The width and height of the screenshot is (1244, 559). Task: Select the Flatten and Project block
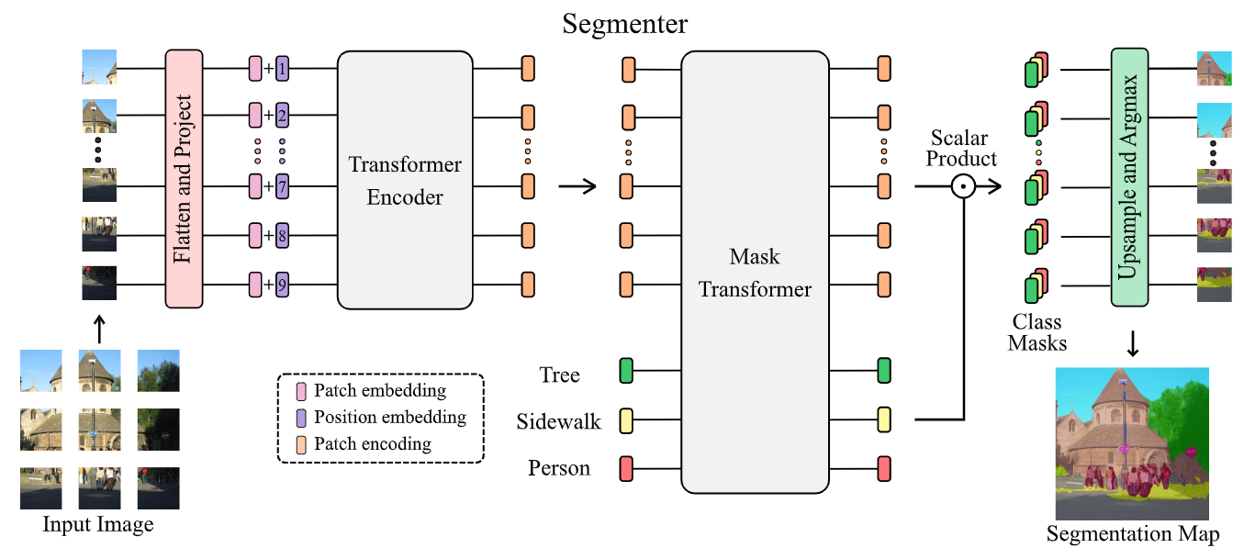click(x=184, y=178)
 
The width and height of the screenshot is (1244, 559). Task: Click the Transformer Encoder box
click(x=405, y=179)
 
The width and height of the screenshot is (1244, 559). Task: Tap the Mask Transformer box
click(x=755, y=272)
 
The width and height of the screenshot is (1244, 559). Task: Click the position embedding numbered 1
click(x=282, y=68)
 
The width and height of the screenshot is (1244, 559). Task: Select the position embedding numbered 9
click(x=282, y=285)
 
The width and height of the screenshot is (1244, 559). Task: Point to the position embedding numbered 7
click(x=282, y=187)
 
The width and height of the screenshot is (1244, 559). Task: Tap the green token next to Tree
click(x=627, y=371)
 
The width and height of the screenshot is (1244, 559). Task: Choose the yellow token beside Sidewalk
click(x=627, y=420)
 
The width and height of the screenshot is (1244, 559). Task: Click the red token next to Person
click(x=627, y=468)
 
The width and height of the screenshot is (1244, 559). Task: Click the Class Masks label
click(x=1037, y=333)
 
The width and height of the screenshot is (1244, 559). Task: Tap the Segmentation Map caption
click(x=1133, y=535)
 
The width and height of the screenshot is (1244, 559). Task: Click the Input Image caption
click(x=98, y=525)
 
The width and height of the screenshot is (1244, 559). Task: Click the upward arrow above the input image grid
click(x=98, y=326)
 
